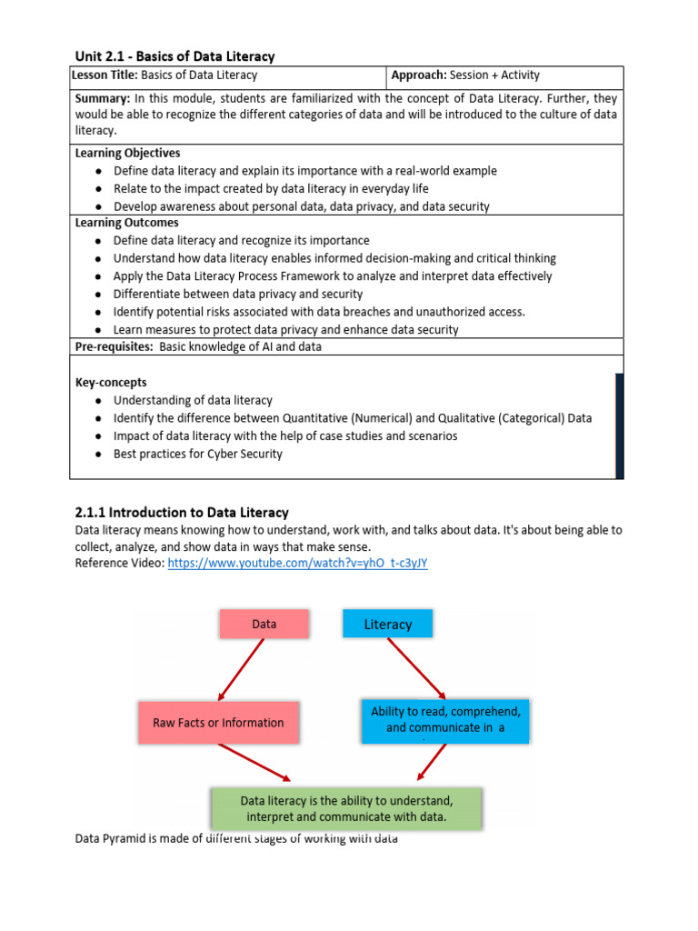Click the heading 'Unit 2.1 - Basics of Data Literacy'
(x=174, y=56)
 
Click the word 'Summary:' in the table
(x=103, y=97)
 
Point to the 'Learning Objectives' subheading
(x=127, y=153)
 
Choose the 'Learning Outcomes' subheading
(x=126, y=223)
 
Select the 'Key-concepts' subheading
(x=111, y=383)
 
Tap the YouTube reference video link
(x=297, y=563)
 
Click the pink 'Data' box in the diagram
(x=264, y=624)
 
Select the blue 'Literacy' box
(x=387, y=624)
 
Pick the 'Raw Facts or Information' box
(x=218, y=723)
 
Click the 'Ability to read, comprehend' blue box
(x=445, y=719)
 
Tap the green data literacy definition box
(x=346, y=807)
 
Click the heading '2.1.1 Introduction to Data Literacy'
(x=181, y=513)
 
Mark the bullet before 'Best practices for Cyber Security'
(x=97, y=454)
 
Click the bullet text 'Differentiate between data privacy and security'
(x=237, y=294)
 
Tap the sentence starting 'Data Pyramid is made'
(x=236, y=838)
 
